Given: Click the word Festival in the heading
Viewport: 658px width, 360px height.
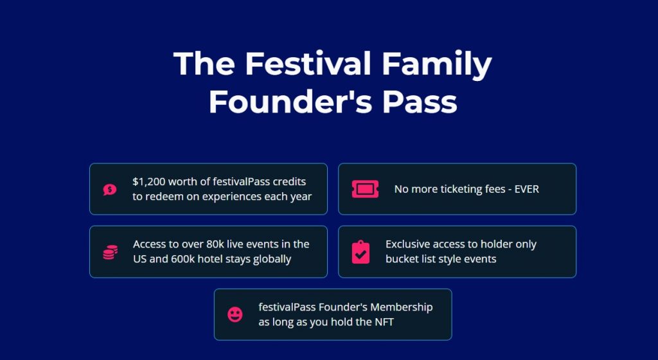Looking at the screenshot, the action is pos(308,63).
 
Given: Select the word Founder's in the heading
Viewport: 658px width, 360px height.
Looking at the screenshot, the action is pos(291,102).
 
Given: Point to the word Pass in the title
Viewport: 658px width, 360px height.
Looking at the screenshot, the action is pos(420,102).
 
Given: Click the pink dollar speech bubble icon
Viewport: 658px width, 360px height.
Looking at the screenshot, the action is pos(110,190).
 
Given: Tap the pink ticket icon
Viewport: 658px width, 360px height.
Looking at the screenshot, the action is pos(365,189).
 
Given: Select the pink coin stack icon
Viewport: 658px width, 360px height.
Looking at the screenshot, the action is pos(111,252).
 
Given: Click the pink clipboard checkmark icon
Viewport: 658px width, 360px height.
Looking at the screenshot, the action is pos(361,252).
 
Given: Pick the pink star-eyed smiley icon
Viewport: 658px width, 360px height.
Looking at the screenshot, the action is pos(235,315).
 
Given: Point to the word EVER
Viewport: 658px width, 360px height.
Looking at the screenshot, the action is pos(527,189).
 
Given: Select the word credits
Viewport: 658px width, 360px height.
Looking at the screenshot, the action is pos(289,182).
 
